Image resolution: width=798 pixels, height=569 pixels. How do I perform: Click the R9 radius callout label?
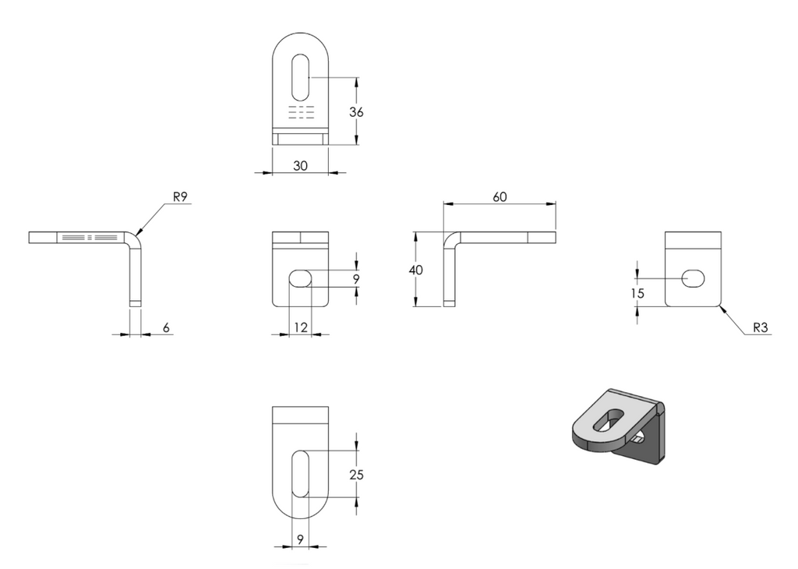(x=180, y=197)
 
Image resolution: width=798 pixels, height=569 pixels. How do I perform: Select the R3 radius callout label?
(x=760, y=328)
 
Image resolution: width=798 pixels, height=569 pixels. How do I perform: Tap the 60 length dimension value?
(x=500, y=197)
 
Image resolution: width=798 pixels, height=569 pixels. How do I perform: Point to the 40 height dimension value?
(x=416, y=270)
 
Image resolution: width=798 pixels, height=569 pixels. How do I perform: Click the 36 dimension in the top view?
(x=356, y=112)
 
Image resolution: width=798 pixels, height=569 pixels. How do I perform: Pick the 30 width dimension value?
(x=300, y=166)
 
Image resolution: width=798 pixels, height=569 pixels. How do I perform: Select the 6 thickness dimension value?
(x=166, y=328)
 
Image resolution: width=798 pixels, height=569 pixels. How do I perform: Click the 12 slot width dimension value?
(x=301, y=328)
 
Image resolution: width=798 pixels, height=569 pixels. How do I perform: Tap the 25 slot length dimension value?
(x=356, y=475)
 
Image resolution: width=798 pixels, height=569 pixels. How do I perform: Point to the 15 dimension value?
(x=637, y=294)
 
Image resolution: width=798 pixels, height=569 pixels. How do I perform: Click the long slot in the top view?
(x=300, y=77)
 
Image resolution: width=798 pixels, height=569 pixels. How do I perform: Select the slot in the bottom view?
(x=300, y=473)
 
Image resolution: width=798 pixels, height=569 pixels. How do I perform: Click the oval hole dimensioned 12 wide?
(x=300, y=278)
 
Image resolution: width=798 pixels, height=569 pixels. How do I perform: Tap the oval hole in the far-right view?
(x=693, y=279)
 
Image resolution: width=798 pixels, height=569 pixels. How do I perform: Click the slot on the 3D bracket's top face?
(x=609, y=420)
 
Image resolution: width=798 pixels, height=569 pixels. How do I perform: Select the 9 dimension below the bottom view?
(x=300, y=539)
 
